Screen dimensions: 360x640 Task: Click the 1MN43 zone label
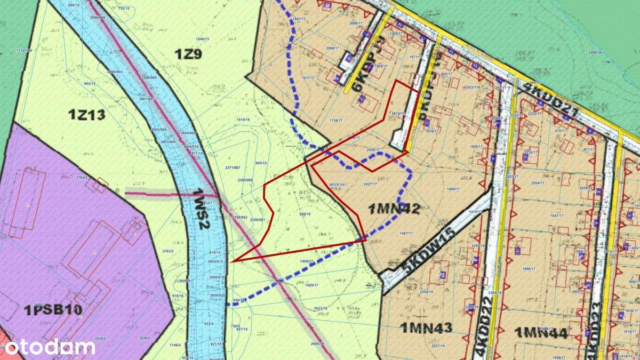(x=425, y=327)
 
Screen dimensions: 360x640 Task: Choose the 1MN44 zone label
(x=540, y=333)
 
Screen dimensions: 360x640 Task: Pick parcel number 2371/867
(x=233, y=168)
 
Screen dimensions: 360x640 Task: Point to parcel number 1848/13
(x=202, y=39)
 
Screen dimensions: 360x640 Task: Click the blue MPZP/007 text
(x=338, y=184)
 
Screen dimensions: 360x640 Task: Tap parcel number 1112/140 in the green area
(x=25, y=50)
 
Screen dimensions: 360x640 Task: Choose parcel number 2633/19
(x=321, y=309)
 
